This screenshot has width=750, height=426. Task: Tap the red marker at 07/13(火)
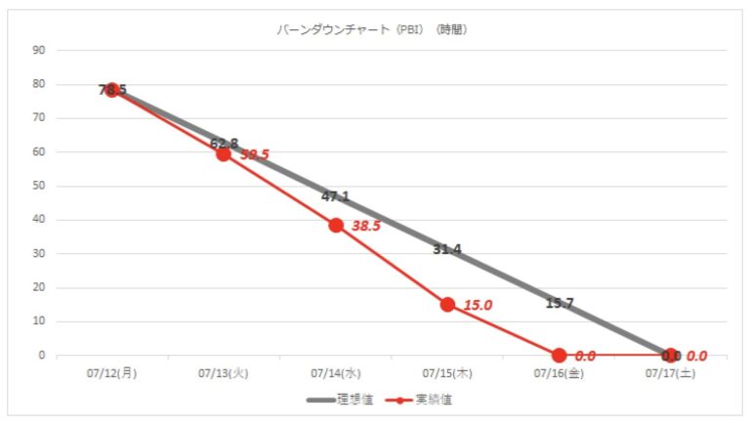pos(224,153)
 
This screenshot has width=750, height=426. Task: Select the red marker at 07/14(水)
pos(336,225)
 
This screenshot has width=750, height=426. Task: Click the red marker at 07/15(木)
pos(447,304)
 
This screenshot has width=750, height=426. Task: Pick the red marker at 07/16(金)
pos(559,356)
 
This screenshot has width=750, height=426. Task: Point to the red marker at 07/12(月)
pos(112,90)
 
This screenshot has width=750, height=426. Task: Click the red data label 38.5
pos(367,225)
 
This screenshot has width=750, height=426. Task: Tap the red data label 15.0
pos(479,305)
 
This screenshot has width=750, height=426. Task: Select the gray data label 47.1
pos(335,196)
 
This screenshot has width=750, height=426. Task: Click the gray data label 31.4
pos(447,250)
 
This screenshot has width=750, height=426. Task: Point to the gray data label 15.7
pos(559,303)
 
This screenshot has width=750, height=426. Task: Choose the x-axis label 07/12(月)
pos(112,373)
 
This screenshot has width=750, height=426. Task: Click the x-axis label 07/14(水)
pos(336,373)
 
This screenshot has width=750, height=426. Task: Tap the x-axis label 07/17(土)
pos(670,373)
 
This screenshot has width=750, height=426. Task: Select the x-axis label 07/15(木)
pos(447,373)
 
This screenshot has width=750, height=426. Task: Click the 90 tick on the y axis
pos(39,50)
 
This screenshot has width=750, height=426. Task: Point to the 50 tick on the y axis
pos(39,186)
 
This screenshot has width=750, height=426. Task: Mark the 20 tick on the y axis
pos(39,288)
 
